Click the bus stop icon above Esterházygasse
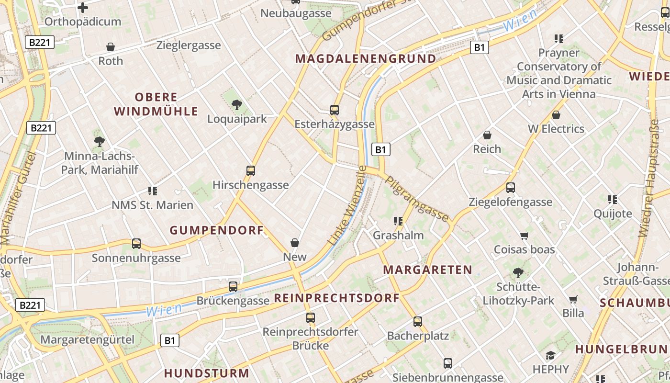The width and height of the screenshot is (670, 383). tap(335, 110)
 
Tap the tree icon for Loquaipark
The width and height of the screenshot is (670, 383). tap(236, 104)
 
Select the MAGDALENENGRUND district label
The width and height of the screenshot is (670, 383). tap(366, 59)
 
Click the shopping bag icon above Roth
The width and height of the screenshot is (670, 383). tap(111, 47)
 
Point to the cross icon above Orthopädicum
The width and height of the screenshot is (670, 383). tap(83, 7)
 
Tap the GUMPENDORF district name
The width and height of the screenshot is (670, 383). tap(217, 230)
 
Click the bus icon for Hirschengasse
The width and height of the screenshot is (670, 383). tap(250, 170)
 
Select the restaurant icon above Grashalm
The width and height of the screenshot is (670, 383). tap(398, 221)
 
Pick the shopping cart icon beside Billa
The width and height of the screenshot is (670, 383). tap(573, 299)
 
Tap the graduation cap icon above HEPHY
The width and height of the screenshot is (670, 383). tap(550, 355)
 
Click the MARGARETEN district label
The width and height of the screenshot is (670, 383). tap(428, 270)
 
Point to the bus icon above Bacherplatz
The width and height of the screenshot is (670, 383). tap(418, 321)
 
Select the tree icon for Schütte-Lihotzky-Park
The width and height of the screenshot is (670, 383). tap(518, 273)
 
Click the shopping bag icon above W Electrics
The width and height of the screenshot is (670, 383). tap(556, 115)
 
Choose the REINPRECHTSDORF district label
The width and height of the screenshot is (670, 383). tap(336, 298)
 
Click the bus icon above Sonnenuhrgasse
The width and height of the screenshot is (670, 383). tap(136, 244)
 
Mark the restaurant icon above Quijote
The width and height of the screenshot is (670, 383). tap(612, 199)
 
